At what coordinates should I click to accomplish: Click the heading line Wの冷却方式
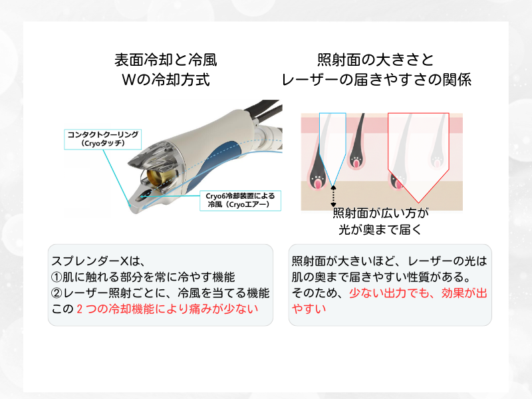pyautogui.click(x=166, y=80)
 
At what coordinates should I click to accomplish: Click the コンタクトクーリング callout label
pyautogui.click(x=103, y=138)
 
